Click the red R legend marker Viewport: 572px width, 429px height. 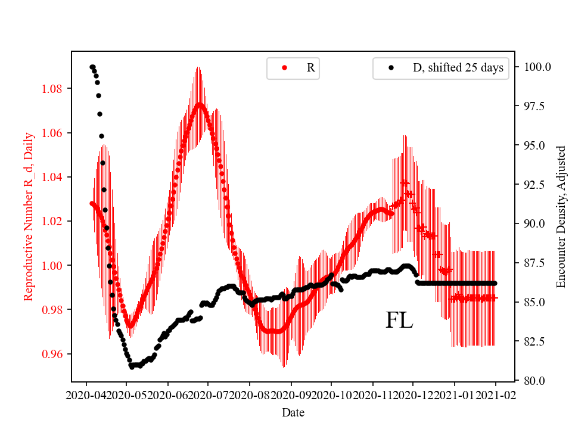284,68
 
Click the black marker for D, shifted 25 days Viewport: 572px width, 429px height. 391,68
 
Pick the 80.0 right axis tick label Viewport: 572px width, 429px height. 535,380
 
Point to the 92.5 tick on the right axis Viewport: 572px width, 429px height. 535,184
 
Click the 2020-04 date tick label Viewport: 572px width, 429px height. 86,395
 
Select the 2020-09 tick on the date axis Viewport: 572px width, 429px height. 291,395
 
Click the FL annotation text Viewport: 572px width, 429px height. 399,321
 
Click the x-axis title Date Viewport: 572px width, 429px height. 293,412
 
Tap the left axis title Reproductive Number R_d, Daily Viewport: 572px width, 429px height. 28,216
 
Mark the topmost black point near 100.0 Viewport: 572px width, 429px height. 92,67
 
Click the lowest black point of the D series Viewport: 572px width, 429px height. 132,366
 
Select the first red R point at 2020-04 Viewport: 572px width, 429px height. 92,203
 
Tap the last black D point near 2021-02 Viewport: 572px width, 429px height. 495,283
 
